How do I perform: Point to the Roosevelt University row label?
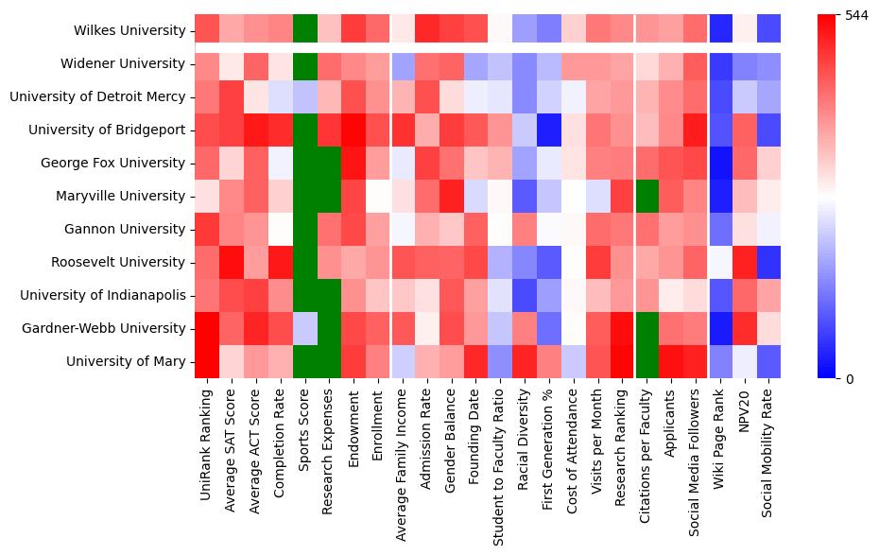[121, 262]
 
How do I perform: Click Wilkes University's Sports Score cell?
[305, 30]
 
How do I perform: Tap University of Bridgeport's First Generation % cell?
[549, 130]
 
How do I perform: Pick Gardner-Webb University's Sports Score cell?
[305, 328]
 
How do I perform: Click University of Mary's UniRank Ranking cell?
[207, 361]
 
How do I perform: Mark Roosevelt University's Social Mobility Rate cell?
[769, 262]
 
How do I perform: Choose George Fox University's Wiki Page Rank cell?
[720, 163]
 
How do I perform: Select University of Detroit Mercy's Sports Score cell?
[305, 96]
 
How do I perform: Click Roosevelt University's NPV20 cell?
[745, 262]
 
